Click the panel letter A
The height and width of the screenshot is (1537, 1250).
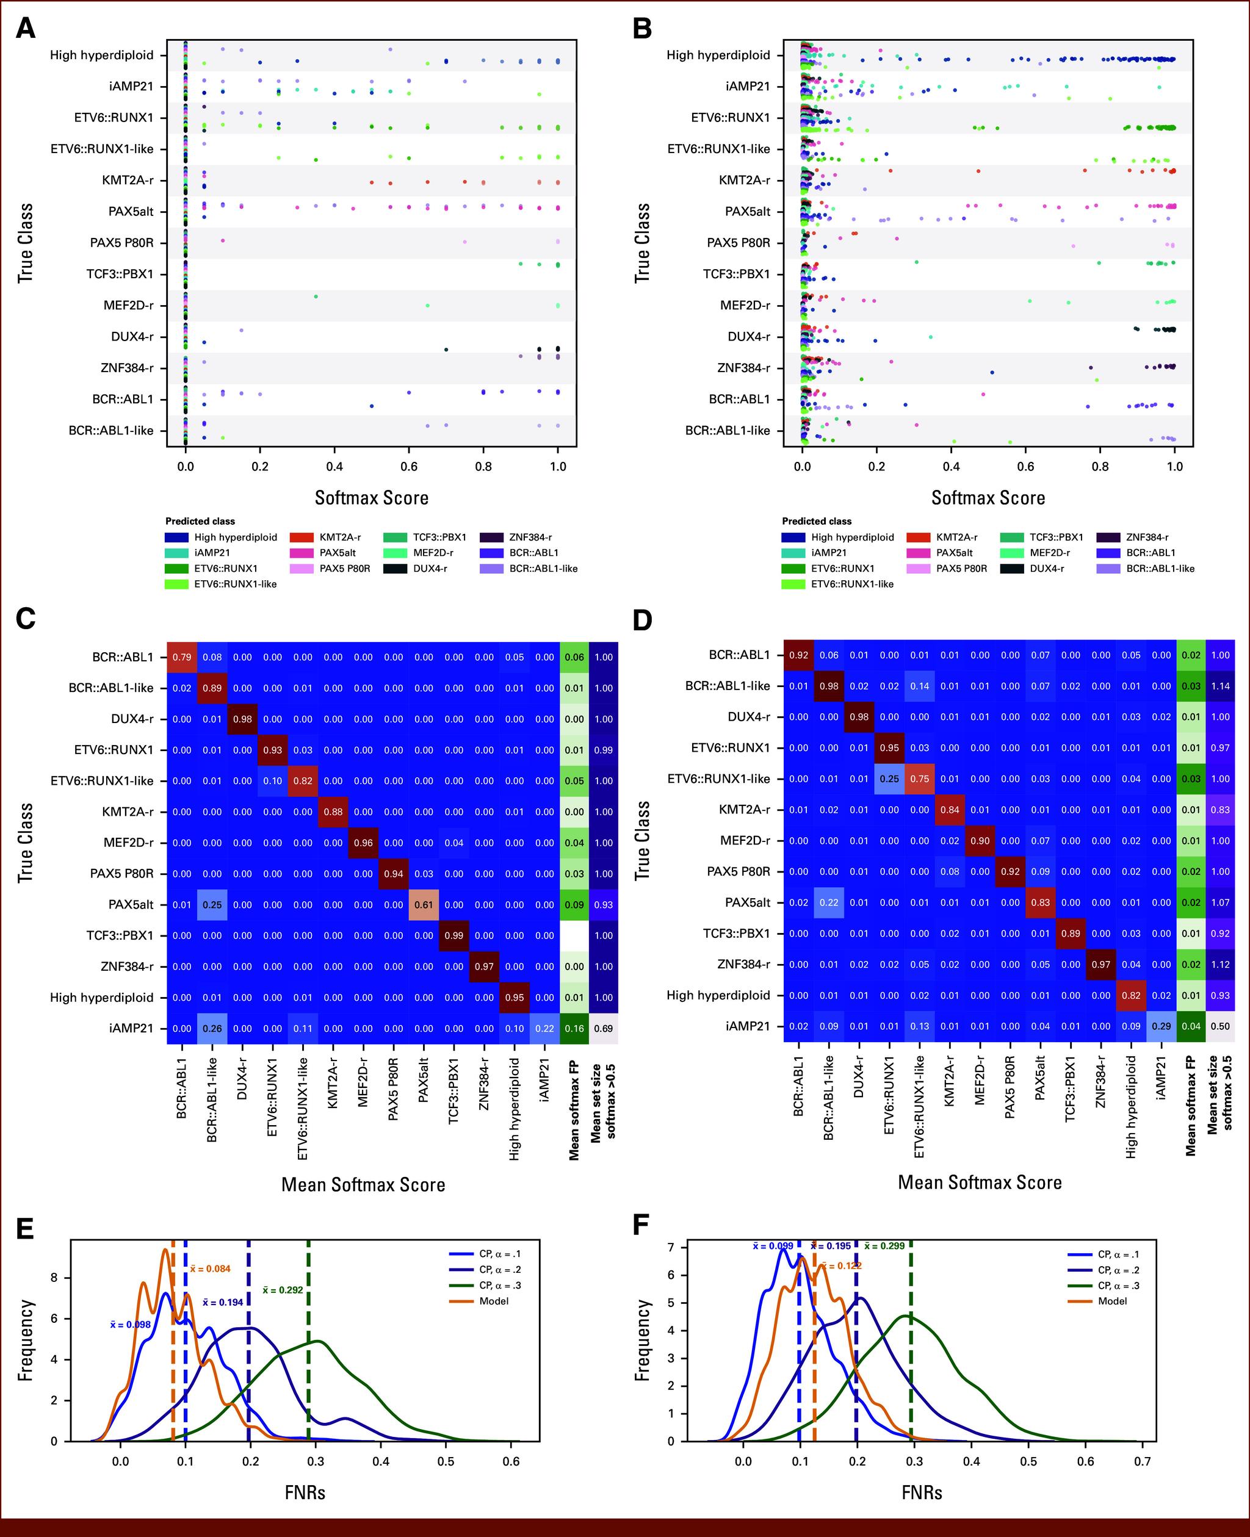tap(25, 29)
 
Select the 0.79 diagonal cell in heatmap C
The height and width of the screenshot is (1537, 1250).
tap(182, 657)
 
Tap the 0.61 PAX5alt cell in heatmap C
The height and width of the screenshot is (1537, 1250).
tap(424, 904)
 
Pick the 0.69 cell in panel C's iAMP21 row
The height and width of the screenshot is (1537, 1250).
tap(604, 1028)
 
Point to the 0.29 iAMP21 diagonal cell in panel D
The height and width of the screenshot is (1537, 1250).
tap(1161, 1026)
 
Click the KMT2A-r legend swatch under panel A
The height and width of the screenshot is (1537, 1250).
tap(301, 537)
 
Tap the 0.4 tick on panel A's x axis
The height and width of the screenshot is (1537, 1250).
tap(334, 467)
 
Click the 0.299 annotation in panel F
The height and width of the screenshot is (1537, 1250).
tap(884, 1245)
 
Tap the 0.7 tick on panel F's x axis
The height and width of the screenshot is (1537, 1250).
tap(1142, 1461)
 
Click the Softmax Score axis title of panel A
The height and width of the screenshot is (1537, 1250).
tap(372, 497)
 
